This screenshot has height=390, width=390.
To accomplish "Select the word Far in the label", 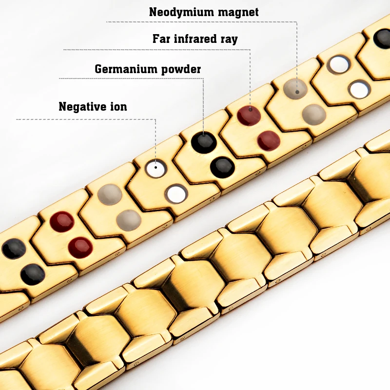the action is (x=161, y=39).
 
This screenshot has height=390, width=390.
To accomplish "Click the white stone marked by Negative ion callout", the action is (x=156, y=168).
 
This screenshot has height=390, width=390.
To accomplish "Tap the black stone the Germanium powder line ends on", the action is (x=204, y=143).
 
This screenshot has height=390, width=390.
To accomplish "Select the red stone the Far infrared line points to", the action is (x=249, y=116).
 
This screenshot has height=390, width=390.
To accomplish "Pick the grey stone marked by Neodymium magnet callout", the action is (x=295, y=89).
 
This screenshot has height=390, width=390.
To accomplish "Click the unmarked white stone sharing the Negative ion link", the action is (x=176, y=194).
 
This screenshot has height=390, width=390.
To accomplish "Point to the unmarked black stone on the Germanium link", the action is (x=222, y=167).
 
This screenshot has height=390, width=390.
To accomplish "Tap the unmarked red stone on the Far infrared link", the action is (x=269, y=141).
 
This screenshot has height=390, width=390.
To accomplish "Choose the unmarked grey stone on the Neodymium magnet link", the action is (x=314, y=115).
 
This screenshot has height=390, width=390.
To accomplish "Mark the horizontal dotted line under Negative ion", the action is (x=86, y=119).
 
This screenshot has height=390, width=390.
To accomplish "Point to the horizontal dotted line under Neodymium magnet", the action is (x=202, y=22).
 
